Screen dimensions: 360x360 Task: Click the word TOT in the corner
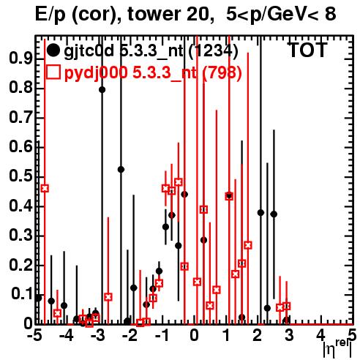pos(308,50)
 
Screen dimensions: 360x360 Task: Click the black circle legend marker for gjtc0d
pos(53,50)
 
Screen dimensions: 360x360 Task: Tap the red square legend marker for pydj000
pos(53,72)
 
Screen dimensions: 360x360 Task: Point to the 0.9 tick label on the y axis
pos(20,59)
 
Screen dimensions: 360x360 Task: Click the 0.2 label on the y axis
pos(20,265)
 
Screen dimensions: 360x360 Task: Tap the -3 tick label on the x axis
pos(98,336)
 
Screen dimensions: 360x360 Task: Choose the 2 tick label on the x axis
pos(258,336)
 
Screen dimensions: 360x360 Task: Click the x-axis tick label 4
pos(320,336)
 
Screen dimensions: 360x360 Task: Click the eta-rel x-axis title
pos(337,348)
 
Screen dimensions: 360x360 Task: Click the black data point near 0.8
pos(102,90)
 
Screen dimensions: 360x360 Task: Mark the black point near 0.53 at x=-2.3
pos(121,170)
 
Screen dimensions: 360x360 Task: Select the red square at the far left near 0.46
pos(45,188)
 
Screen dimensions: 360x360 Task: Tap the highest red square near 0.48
pos(179,182)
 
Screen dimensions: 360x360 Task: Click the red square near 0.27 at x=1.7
pos(248,245)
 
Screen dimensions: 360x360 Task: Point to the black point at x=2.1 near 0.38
pos(260,213)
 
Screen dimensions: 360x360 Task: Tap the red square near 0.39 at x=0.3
pos(203,209)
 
